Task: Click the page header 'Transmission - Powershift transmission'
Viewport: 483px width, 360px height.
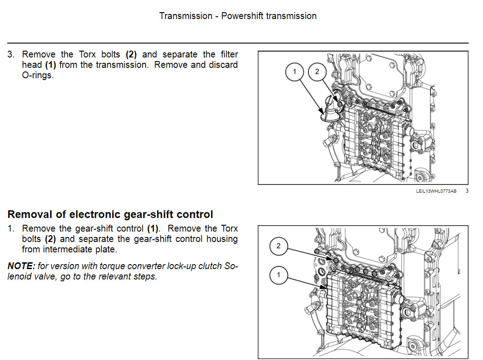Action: (238, 16)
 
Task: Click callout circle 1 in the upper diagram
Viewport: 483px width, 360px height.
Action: (294, 72)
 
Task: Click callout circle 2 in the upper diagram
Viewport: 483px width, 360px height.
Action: (317, 72)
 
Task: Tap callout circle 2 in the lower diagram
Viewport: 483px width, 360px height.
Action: (279, 246)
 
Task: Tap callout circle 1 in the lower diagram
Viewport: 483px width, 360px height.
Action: (279, 275)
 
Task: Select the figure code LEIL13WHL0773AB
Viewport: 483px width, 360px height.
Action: (436, 191)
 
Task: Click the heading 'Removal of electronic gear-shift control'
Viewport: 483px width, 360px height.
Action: (110, 214)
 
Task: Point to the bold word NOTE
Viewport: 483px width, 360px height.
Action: (21, 266)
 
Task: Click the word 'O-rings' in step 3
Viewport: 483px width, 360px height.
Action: (38, 75)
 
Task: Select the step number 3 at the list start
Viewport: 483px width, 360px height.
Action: (11, 55)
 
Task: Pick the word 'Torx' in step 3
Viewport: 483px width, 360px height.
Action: (87, 55)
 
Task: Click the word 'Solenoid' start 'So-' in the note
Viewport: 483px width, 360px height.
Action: (231, 266)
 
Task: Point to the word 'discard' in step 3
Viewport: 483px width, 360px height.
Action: (223, 65)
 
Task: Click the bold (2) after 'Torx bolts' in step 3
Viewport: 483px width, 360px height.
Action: (131, 55)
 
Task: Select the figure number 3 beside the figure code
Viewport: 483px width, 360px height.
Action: (467, 191)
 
